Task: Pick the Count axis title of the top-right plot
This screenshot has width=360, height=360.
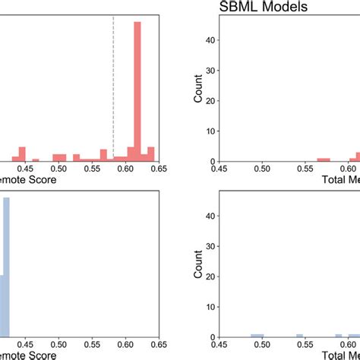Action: click(199, 87)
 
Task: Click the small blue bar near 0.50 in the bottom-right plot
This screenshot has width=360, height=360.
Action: click(257, 335)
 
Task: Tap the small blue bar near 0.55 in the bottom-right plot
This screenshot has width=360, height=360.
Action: click(300, 335)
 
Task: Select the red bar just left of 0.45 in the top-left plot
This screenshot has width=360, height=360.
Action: click(22, 153)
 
